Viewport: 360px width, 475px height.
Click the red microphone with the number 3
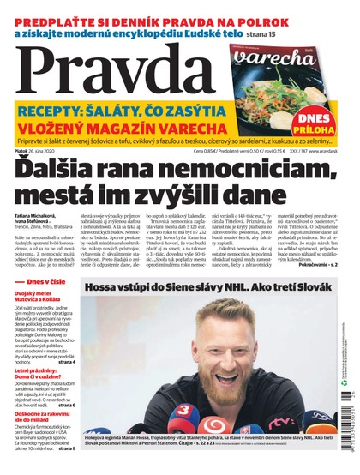coord(182,411)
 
